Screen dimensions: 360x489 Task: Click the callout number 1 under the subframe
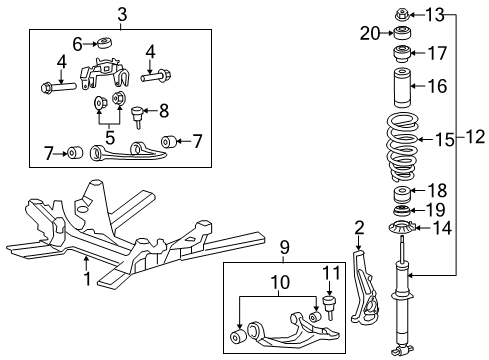pos(87,279)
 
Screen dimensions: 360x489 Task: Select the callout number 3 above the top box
pos(121,13)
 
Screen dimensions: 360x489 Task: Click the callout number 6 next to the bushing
pos(77,44)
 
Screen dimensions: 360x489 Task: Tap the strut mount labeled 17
pos(403,53)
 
